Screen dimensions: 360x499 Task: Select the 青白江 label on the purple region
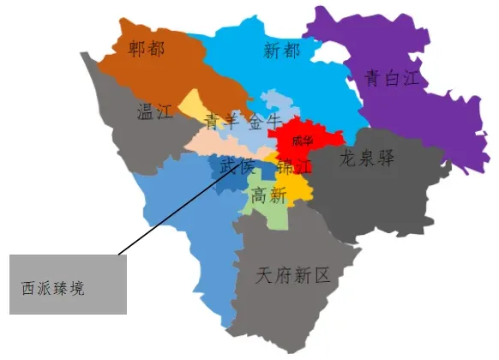coord(392,80)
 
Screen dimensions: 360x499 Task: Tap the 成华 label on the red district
coord(303,141)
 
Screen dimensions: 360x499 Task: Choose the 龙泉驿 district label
coord(367,159)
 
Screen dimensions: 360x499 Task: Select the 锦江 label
coord(294,165)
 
